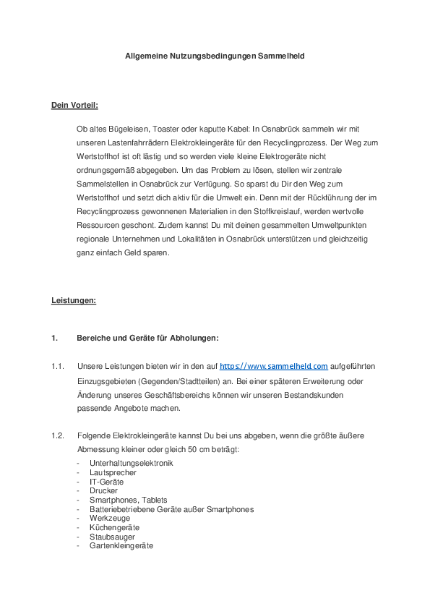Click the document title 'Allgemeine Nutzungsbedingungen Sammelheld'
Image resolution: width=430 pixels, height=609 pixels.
tap(215, 55)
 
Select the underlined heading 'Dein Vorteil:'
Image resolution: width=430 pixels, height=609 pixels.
tap(74, 105)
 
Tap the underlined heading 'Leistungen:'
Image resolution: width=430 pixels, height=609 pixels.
tap(74, 299)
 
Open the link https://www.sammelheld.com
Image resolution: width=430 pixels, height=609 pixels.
tap(274, 367)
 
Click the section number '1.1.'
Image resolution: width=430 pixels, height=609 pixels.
tap(58, 367)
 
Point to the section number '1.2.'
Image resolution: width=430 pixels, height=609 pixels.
tap(58, 435)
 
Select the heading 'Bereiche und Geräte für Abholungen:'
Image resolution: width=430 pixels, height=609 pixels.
tap(147, 338)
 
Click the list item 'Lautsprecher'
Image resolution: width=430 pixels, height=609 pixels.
tap(113, 472)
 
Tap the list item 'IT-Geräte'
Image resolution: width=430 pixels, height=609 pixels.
tap(106, 482)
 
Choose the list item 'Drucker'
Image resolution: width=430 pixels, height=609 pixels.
tap(103, 490)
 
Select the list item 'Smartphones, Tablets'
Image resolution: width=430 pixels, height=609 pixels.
tap(129, 500)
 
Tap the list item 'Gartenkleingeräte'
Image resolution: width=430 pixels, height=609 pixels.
tap(121, 546)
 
